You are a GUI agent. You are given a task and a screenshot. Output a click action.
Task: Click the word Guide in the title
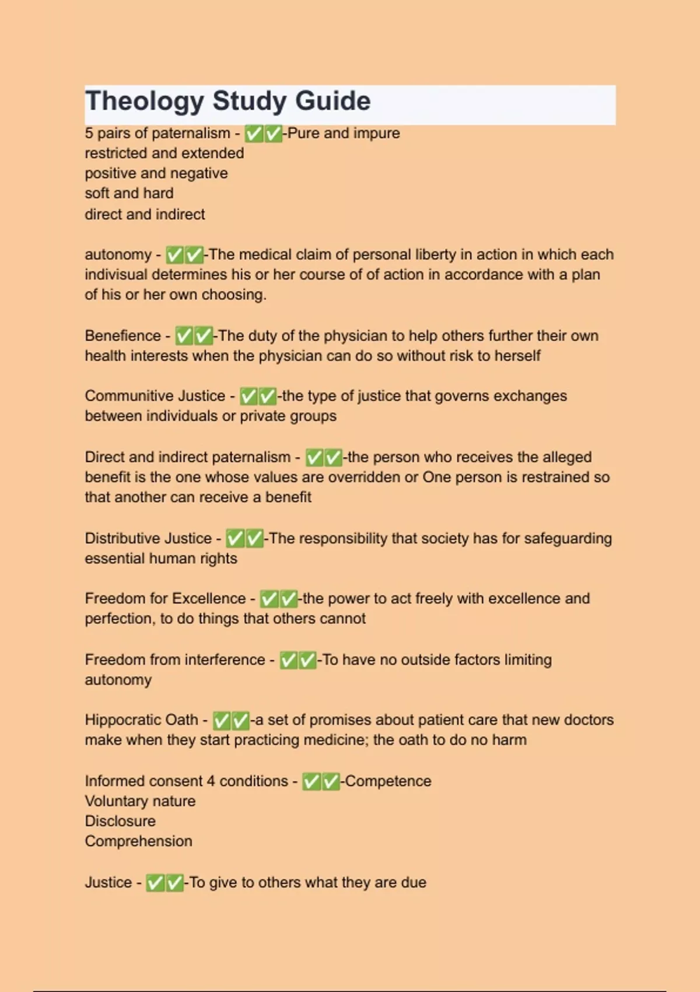pyautogui.click(x=332, y=102)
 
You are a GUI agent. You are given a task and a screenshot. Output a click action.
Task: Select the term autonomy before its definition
pyautogui.click(x=118, y=255)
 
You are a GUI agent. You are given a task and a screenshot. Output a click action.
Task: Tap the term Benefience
pyautogui.click(x=123, y=336)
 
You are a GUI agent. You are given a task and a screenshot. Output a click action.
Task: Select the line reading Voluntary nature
pyautogui.click(x=140, y=801)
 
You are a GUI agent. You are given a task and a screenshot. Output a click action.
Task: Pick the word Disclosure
pyautogui.click(x=120, y=822)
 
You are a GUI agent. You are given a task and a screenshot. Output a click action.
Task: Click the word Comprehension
pyautogui.click(x=138, y=841)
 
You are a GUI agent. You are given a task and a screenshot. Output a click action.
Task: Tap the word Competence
pyautogui.click(x=388, y=781)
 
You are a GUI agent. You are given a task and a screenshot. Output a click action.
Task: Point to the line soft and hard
pyautogui.click(x=129, y=193)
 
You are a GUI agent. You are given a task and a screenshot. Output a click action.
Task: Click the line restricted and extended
pyautogui.click(x=164, y=153)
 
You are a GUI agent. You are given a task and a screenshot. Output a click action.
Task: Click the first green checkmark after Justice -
pyautogui.click(x=155, y=883)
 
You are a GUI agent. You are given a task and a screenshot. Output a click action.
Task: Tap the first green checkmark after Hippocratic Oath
pyautogui.click(x=222, y=721)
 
